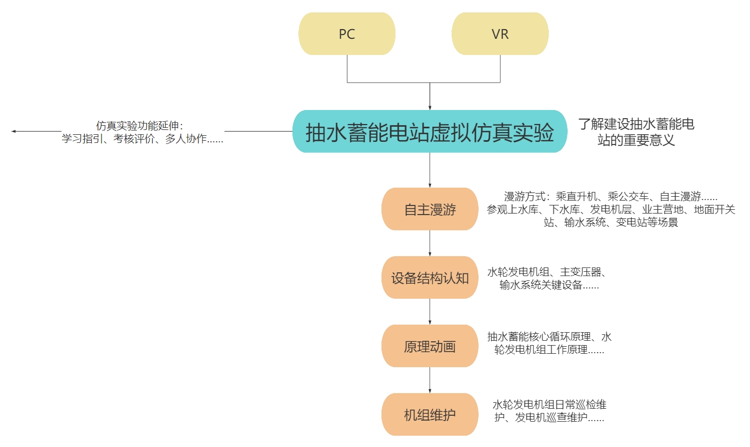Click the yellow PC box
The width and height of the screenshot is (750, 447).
click(347, 34)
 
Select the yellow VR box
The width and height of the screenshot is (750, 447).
click(500, 34)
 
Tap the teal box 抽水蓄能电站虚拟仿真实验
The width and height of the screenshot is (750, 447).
click(429, 132)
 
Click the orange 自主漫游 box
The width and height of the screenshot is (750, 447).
click(429, 209)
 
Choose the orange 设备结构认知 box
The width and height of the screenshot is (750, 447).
click(429, 278)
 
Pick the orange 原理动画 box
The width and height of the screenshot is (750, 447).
click(429, 346)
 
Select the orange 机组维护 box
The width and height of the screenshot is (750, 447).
click(429, 415)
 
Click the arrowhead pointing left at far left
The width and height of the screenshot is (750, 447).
click(14, 131)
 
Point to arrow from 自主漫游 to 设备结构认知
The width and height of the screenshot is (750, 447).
click(430, 243)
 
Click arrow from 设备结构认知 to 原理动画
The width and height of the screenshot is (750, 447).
click(430, 312)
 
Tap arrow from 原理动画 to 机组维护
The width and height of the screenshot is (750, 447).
click(430, 380)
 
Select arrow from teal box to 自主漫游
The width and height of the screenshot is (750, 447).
click(430, 170)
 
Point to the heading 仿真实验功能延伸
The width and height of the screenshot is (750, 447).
click(140, 126)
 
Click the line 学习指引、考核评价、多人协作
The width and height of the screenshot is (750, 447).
click(142, 139)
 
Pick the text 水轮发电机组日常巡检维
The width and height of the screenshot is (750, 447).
click(553, 404)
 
